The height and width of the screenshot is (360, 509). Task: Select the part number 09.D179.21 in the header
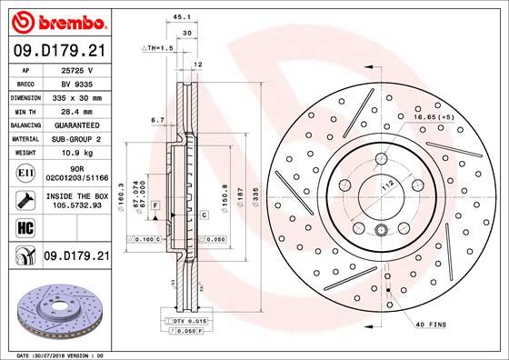pyautogui.click(x=59, y=52)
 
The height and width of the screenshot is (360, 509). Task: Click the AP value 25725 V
pyautogui.click(x=78, y=71)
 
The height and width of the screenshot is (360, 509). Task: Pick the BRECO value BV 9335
pyautogui.click(x=78, y=83)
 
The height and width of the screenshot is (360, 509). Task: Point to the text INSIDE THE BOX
pyautogui.click(x=78, y=196)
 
